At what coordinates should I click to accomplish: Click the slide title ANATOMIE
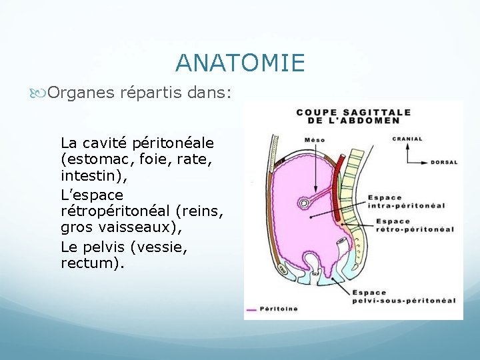pos(240,63)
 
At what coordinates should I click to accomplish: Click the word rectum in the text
pos(89,263)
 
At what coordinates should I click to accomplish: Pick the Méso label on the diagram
pos(315,139)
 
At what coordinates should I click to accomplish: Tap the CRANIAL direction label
pos(407,139)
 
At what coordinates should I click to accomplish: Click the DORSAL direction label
pos(444,162)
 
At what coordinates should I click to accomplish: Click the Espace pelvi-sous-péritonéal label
pos(403,297)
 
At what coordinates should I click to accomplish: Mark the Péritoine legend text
pos(279,309)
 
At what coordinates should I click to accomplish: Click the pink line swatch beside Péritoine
pos(252,309)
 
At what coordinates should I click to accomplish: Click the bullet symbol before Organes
pos(42,93)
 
